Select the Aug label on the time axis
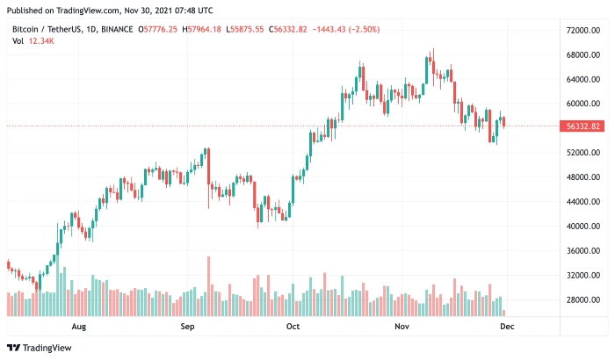[x=78, y=327]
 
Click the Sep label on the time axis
[x=186, y=327]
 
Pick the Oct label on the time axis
[x=293, y=327]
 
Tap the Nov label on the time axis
[x=402, y=327]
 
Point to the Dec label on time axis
[x=508, y=327]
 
